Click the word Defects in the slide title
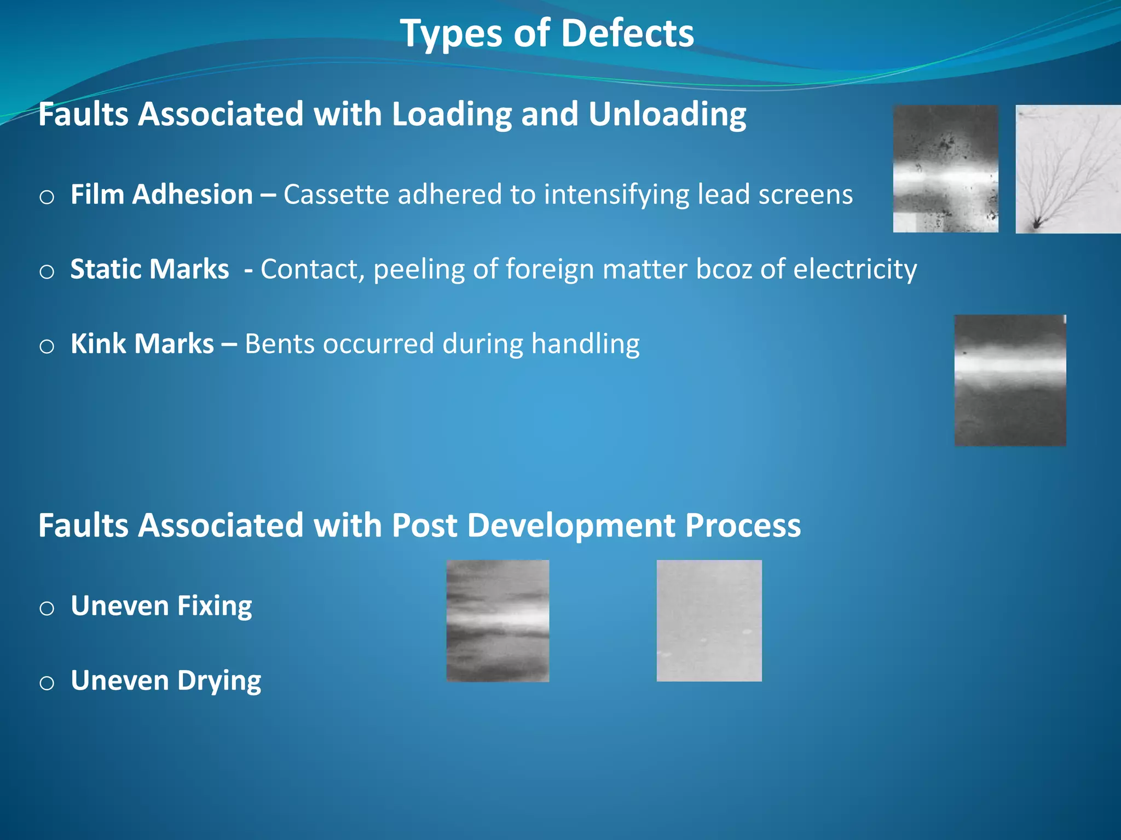click(627, 34)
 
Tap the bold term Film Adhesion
click(161, 195)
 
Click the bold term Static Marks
click(149, 269)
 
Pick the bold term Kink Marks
click(142, 344)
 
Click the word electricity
click(854, 269)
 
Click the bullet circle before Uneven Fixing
click(47, 608)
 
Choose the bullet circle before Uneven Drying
click(47, 683)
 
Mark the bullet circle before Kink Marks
click(47, 346)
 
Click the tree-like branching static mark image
click(1067, 169)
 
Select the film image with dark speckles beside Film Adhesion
click(945, 169)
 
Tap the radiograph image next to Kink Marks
click(1010, 381)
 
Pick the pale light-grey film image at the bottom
click(709, 621)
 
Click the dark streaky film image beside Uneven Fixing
click(498, 621)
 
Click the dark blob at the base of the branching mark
click(1036, 223)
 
